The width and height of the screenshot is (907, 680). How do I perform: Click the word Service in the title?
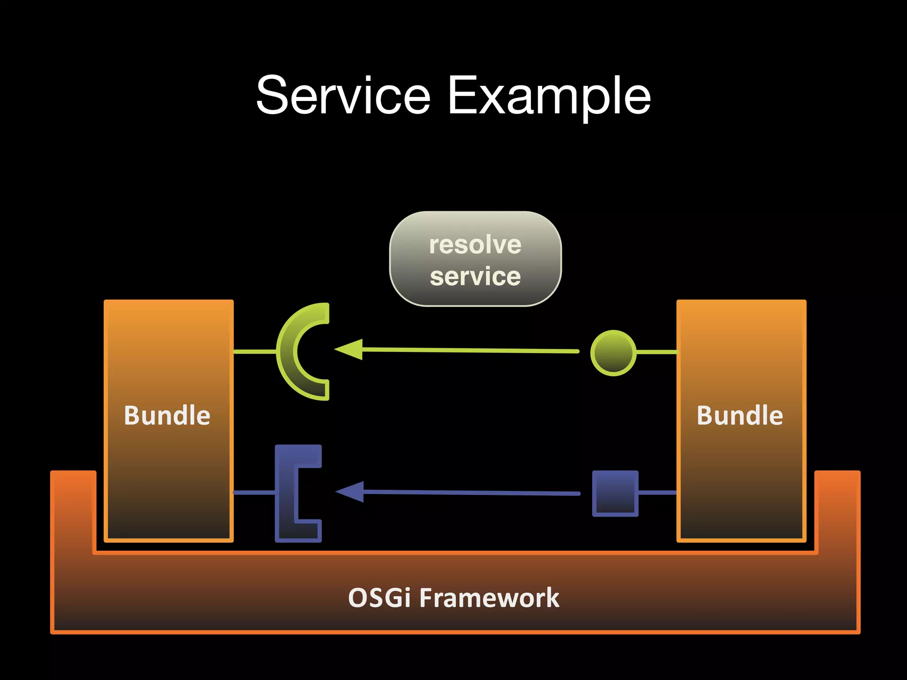click(x=343, y=95)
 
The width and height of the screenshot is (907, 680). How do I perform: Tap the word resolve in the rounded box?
click(x=475, y=245)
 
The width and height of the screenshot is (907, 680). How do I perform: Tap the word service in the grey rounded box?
click(x=475, y=277)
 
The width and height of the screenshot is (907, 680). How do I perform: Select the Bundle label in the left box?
click(x=167, y=415)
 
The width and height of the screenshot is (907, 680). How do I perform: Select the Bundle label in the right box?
click(x=740, y=415)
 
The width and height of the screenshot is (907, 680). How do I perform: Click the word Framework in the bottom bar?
click(x=489, y=598)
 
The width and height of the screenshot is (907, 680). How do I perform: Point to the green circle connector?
click(x=613, y=353)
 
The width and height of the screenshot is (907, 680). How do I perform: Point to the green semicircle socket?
click(x=288, y=352)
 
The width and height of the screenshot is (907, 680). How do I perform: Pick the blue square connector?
click(x=615, y=493)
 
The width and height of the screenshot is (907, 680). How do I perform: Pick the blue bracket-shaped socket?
click(x=286, y=493)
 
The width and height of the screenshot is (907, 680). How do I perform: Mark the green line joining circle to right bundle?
click(x=656, y=352)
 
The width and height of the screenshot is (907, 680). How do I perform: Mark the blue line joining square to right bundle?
click(x=657, y=492)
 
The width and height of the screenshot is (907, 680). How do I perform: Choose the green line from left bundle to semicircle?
click(x=254, y=352)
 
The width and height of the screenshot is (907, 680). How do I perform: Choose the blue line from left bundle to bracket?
click(x=254, y=492)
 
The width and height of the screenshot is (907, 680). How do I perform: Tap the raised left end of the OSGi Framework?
click(x=73, y=509)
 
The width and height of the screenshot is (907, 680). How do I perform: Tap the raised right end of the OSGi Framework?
click(x=837, y=509)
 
